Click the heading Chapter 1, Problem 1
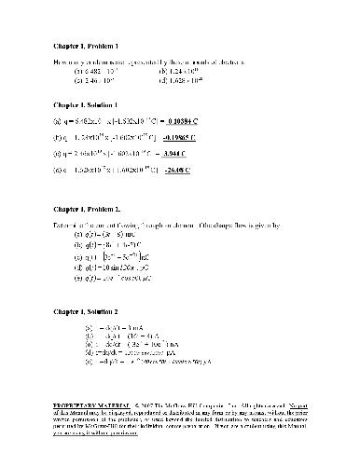(85, 45)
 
